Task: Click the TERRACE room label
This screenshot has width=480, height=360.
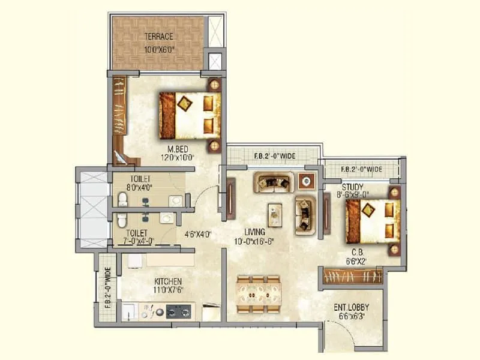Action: pyautogui.click(x=159, y=36)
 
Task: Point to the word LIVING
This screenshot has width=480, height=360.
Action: pyautogui.click(x=255, y=231)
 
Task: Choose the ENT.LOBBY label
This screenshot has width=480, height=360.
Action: pyautogui.click(x=351, y=307)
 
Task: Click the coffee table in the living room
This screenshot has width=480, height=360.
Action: pyautogui.click(x=276, y=211)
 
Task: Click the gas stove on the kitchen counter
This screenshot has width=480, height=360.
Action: pyautogui.click(x=178, y=311)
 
